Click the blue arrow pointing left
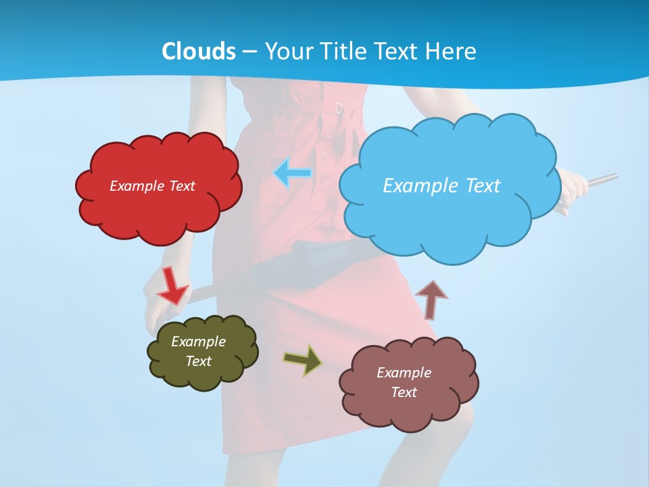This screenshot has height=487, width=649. click(x=293, y=174)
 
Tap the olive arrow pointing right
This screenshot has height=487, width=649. click(x=303, y=359)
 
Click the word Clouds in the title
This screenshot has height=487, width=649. click(x=199, y=51)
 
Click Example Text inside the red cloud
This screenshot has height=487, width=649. click(x=152, y=186)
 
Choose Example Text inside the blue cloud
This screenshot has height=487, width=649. click(x=441, y=185)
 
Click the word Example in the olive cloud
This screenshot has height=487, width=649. click(x=198, y=342)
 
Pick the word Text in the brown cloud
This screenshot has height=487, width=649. click(x=404, y=392)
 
